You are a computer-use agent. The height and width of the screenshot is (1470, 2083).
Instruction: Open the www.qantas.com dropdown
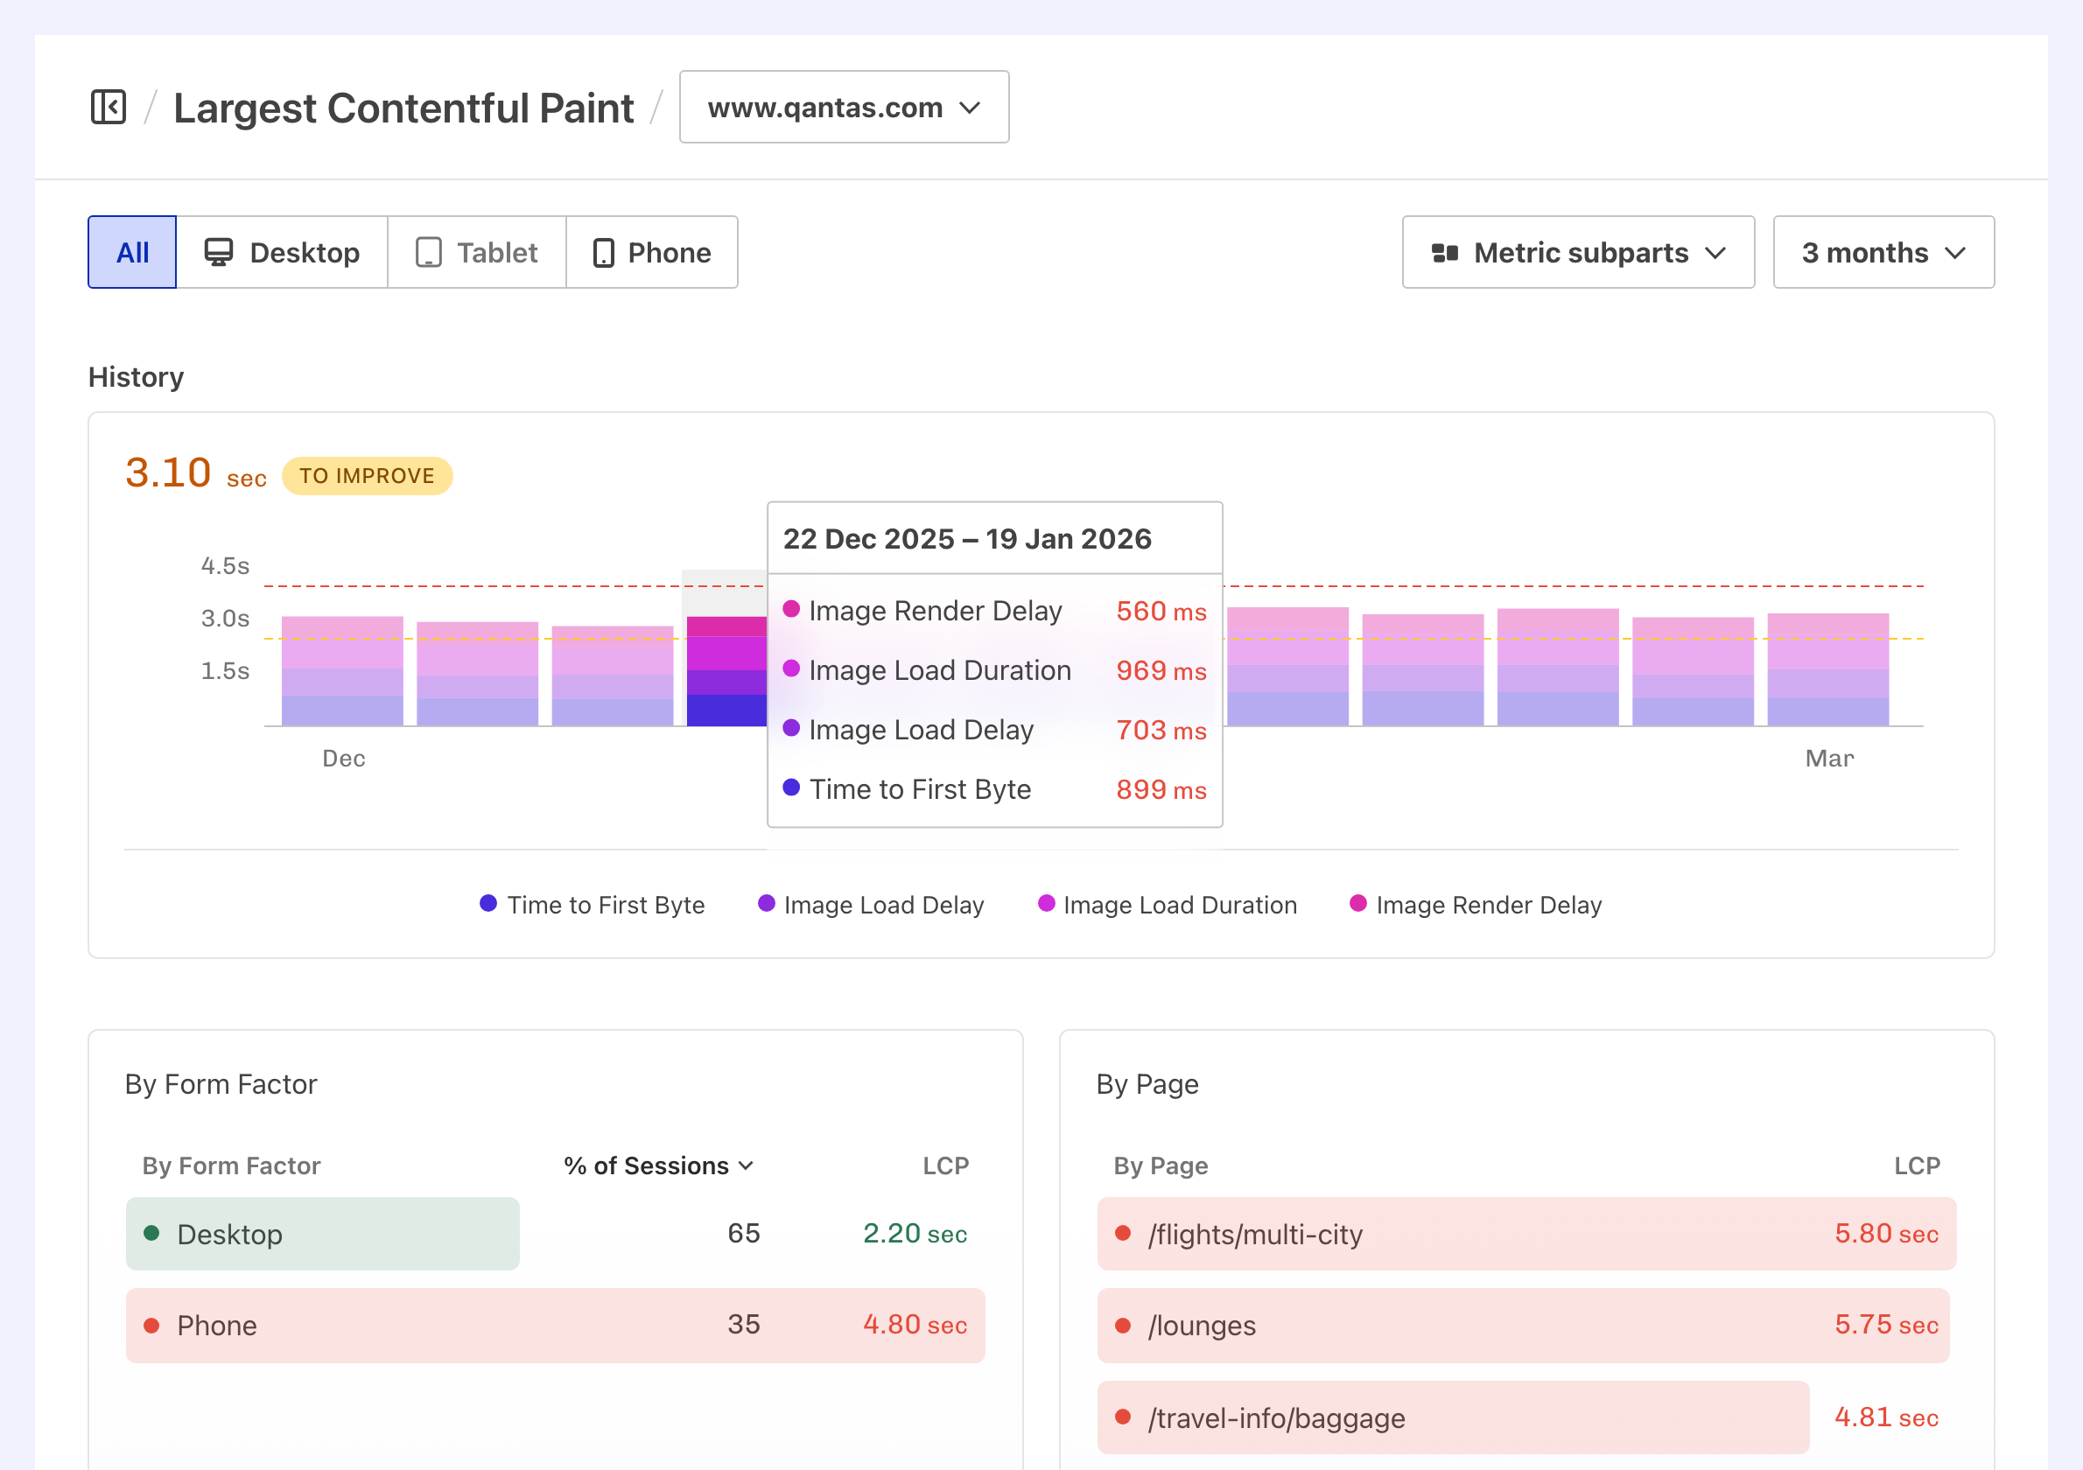pos(843,107)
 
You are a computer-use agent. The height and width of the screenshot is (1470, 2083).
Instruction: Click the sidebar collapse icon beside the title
pos(108,107)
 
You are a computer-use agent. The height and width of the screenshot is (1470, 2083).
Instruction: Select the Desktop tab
pos(282,252)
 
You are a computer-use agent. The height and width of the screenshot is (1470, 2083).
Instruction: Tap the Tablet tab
pos(476,252)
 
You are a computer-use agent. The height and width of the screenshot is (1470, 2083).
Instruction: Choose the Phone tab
pos(651,252)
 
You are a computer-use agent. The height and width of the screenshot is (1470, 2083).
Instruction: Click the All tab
pos(132,252)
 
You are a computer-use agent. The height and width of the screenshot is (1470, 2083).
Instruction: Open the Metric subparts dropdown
pos(1578,252)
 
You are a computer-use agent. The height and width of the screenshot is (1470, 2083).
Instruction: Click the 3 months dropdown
pos(1883,252)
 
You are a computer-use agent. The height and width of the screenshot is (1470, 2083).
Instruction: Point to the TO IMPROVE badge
pos(367,476)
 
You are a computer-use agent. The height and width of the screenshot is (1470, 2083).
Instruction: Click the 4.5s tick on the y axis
pos(225,566)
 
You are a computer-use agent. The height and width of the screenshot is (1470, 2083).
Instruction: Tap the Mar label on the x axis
pos(1829,758)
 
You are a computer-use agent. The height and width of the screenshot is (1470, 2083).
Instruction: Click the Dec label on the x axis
pos(344,758)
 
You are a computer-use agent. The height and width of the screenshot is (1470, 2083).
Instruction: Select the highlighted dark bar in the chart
pos(726,671)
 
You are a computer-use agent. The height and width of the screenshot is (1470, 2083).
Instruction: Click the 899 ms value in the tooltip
pos(1161,789)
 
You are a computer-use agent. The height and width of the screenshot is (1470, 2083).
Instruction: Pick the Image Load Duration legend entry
pos(1168,905)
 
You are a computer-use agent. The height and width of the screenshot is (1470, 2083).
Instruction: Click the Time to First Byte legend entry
pos(593,905)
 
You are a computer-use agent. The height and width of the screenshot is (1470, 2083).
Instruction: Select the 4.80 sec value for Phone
pos(915,1324)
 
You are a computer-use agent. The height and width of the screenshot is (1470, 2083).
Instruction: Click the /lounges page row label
pos(1201,1326)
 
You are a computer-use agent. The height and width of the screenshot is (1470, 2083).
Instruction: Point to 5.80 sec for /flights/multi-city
pos(1885,1234)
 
